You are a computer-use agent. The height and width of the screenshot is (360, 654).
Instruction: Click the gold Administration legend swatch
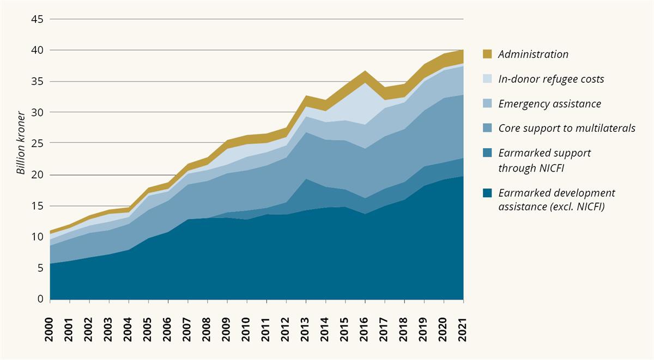[487, 54]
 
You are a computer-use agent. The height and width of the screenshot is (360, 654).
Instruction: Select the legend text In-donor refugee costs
[551, 79]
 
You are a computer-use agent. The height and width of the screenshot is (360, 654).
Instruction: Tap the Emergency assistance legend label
[549, 103]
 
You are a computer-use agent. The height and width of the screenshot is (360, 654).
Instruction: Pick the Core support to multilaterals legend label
[567, 129]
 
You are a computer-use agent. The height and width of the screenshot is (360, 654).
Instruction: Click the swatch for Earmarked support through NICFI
[487, 153]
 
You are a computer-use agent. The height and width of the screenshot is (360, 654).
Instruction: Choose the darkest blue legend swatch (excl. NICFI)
[487, 193]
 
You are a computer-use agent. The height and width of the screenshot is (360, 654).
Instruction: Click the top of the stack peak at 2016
[365, 71]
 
